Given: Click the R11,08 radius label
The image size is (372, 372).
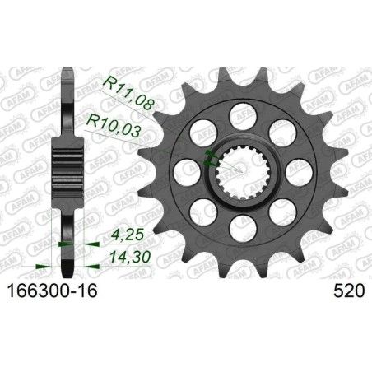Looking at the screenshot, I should (126, 83).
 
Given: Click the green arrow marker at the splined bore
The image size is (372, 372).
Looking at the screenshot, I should (207, 160).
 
